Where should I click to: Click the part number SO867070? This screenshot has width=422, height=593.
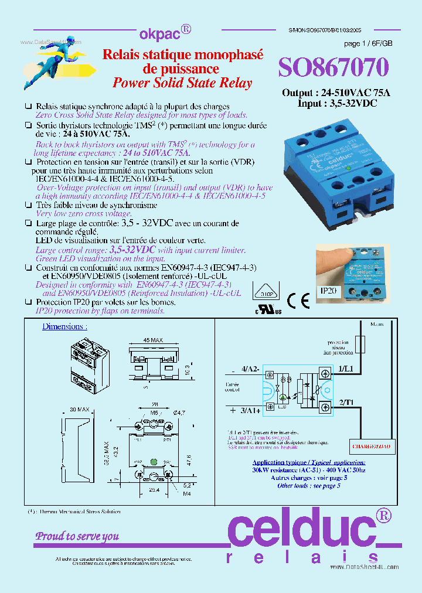point(333,68)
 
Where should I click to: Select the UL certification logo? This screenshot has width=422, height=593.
point(268,309)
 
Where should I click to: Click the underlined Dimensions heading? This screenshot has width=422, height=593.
point(64,326)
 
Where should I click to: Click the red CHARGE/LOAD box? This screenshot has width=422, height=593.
point(372,447)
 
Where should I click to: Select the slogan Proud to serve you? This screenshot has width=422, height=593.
point(77,536)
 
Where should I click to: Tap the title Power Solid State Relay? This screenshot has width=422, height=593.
point(182,83)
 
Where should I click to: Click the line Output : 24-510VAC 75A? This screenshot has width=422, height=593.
point(336,93)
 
